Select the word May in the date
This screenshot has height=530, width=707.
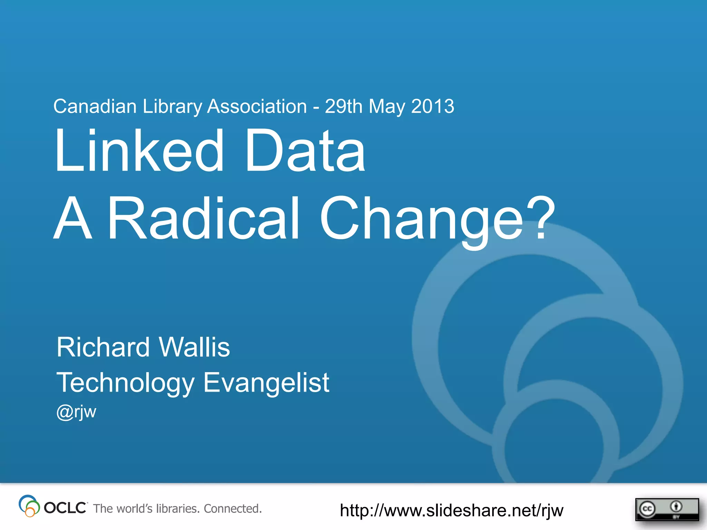tap(387, 107)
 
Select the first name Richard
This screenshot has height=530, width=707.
tap(103, 347)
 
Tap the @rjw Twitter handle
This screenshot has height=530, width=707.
tap(76, 412)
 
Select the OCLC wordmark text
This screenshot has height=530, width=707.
tap(65, 508)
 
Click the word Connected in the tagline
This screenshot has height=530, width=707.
tap(233, 509)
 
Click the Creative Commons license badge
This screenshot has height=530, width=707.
tap(667, 509)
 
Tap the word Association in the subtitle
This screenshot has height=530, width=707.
tap(257, 106)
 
